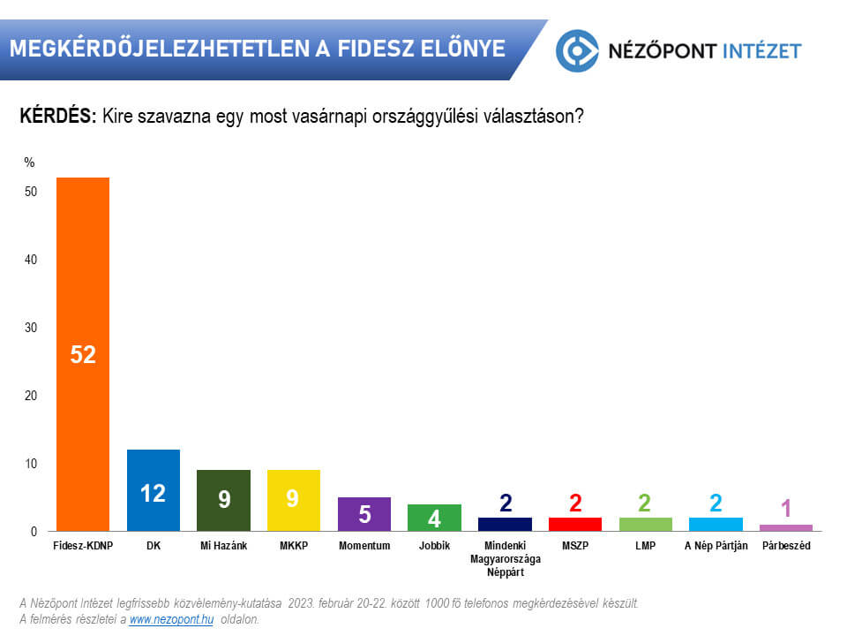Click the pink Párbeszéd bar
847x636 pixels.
pos(786,527)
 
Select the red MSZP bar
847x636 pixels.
pos(575,524)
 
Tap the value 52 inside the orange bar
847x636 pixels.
pos(83,355)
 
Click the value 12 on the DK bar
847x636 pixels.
pos(154,493)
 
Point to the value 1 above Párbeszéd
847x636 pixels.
pos(786,509)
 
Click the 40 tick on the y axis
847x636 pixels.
pos(30,260)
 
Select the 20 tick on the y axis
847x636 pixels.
pos(30,396)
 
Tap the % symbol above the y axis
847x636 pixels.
pos(29,162)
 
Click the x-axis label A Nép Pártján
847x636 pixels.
pos(716,546)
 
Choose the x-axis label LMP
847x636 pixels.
pos(646,546)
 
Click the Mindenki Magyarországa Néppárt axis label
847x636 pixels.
pos(505,558)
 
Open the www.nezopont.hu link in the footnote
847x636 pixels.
pos(171,620)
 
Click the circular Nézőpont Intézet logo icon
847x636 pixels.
pos(577,49)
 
